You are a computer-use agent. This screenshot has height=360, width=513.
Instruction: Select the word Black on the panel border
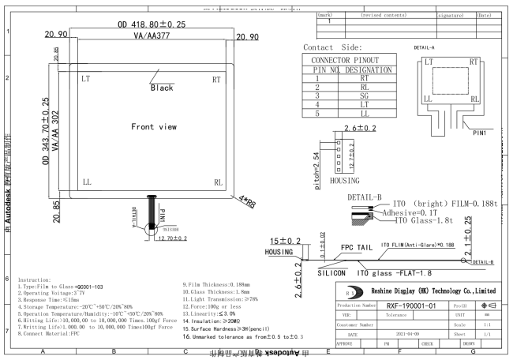pos(162,88)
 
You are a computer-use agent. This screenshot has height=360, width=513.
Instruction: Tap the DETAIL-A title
pos(427,47)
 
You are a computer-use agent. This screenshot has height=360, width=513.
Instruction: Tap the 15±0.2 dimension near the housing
pos(286,241)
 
